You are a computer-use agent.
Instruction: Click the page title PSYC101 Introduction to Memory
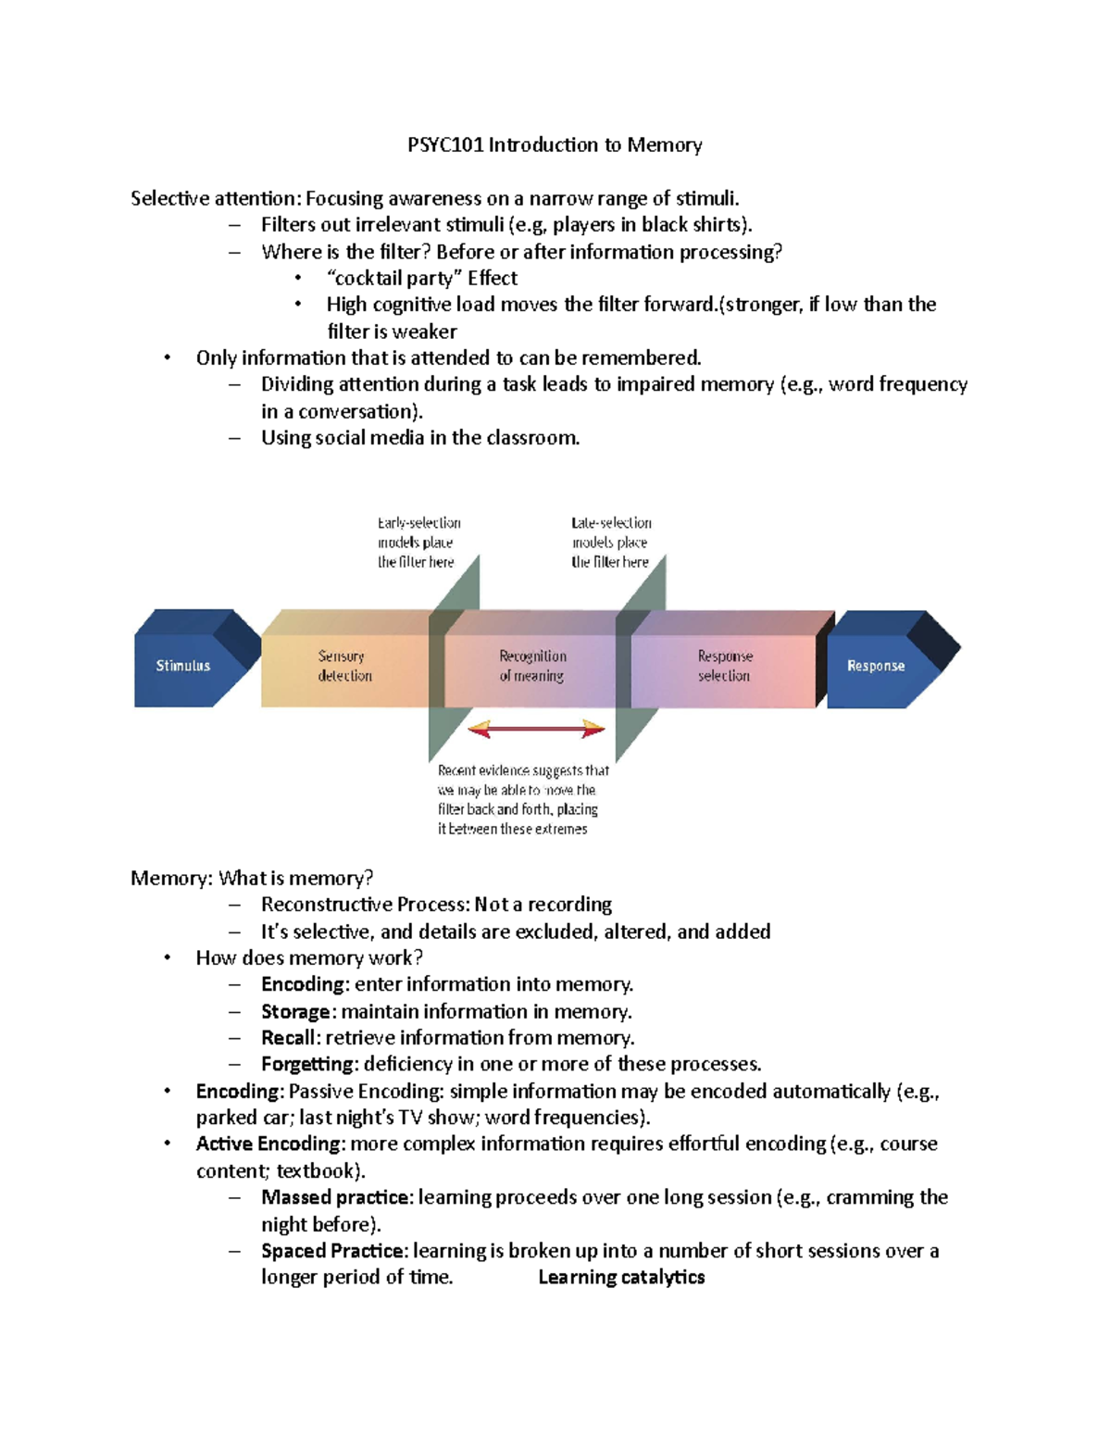pyautogui.click(x=555, y=145)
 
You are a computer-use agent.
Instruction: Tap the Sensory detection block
pyautogui.click(x=345, y=666)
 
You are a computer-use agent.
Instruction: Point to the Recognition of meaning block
pyautogui.click(x=532, y=666)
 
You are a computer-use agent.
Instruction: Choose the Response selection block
pyautogui.click(x=724, y=666)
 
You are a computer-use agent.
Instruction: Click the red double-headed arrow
pyautogui.click(x=536, y=730)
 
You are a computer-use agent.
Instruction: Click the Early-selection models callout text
pyautogui.click(x=418, y=543)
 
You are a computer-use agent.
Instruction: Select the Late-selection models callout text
pyautogui.click(x=610, y=543)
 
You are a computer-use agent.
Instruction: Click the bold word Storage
pyautogui.click(x=295, y=1012)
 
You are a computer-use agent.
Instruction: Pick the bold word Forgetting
pyautogui.click(x=307, y=1065)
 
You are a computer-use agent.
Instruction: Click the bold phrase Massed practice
pyautogui.click(x=335, y=1197)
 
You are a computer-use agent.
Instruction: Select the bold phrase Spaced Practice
pyautogui.click(x=332, y=1251)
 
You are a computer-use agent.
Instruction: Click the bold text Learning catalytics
pyautogui.click(x=621, y=1278)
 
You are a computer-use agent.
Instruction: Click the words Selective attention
pyautogui.click(x=215, y=198)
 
